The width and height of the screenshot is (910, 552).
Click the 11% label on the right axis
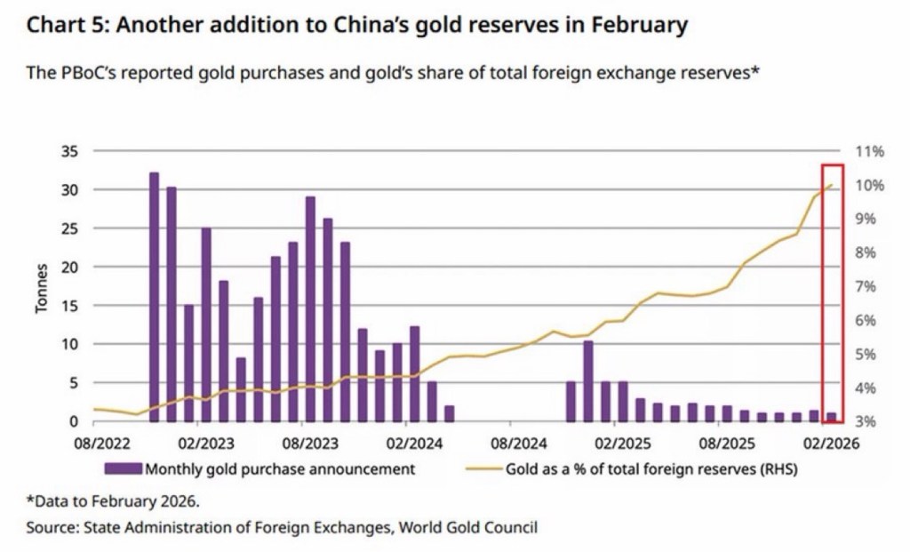point(869,151)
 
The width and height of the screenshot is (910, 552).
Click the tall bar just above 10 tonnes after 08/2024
point(588,381)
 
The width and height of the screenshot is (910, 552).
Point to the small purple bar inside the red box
point(832,417)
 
